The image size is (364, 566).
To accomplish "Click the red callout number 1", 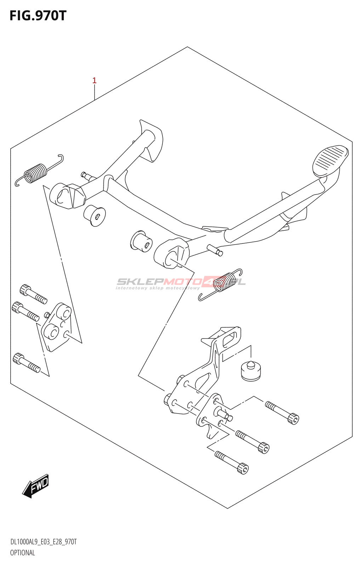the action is (94, 81).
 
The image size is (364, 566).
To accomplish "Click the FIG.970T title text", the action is (38, 16).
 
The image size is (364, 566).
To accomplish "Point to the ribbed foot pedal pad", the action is (330, 161).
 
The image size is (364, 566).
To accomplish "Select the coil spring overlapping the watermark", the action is (220, 284).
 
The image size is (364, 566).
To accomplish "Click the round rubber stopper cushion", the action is (251, 371).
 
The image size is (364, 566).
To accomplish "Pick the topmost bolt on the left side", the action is (33, 293).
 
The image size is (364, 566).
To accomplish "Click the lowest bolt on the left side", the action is (27, 363).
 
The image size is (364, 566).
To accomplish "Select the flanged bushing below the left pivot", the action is (95, 215).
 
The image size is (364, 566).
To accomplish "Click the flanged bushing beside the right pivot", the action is (141, 241).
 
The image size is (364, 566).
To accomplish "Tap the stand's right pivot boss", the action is (171, 253).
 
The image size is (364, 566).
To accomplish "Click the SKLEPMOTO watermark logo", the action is (181, 283).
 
